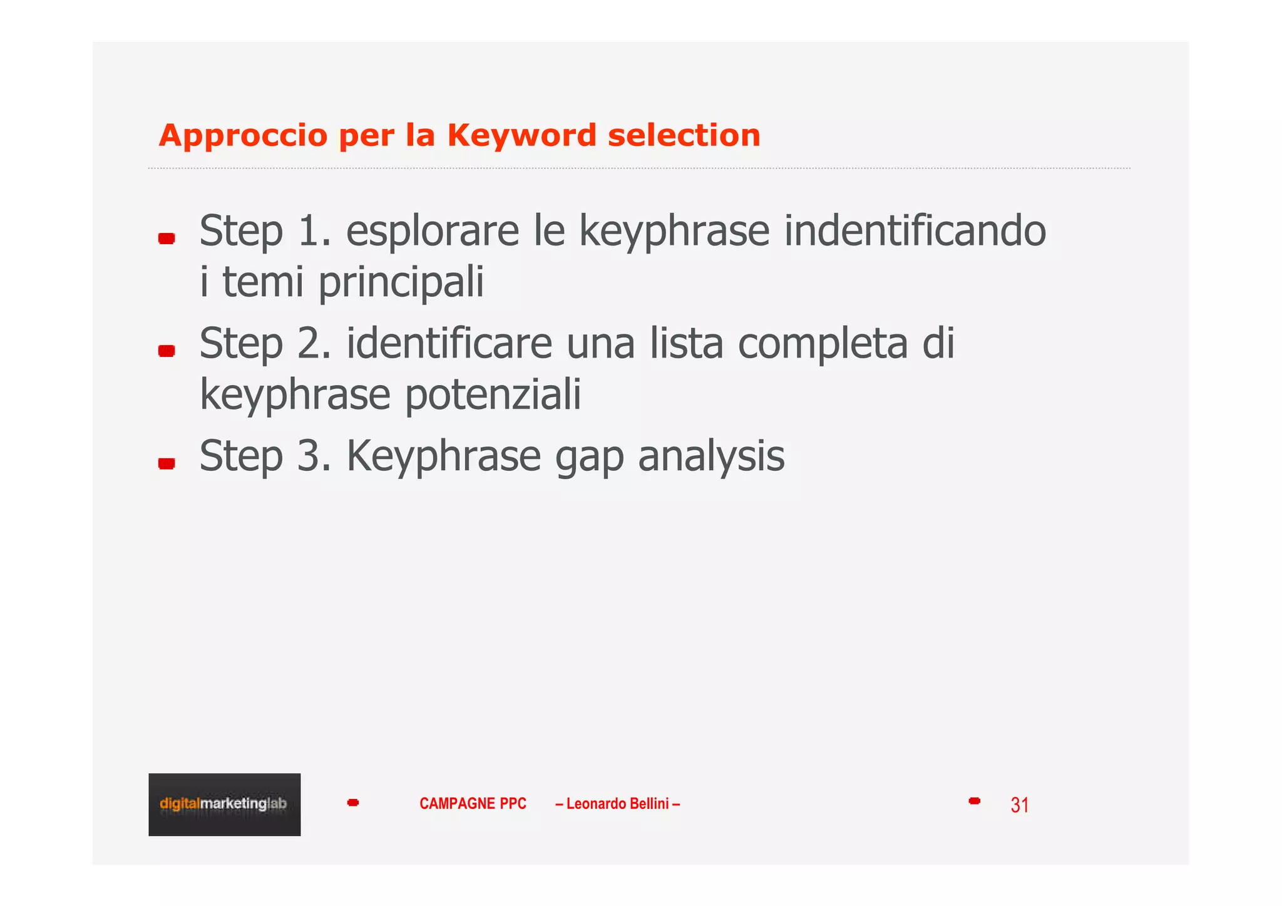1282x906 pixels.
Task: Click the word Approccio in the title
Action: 243,136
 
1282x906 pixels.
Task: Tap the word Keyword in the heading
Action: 522,135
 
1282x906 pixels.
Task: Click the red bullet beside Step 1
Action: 167,239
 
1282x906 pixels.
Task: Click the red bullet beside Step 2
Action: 167,351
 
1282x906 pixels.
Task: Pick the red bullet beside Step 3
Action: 167,463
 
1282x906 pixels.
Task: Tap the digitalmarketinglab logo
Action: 224,804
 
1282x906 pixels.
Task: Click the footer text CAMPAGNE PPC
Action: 473,803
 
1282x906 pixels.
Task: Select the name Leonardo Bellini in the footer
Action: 617,803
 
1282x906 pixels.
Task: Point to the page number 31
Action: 1019,805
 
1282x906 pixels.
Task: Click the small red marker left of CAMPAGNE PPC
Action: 353,803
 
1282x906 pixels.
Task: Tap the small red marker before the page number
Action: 974,801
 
